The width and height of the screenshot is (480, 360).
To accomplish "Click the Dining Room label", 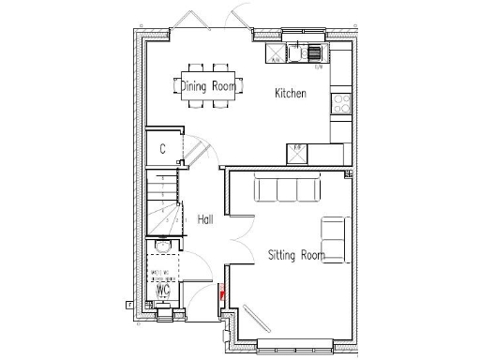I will [208, 87].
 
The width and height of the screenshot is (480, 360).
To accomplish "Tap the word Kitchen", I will [290, 94].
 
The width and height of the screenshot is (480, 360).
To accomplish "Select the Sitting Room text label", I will [296, 254].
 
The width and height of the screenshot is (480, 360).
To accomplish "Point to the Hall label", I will [205, 219].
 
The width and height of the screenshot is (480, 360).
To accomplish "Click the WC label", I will [161, 289].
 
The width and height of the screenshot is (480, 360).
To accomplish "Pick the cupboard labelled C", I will [162, 149].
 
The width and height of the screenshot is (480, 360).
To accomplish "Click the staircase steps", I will [162, 201].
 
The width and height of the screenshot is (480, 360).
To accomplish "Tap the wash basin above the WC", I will [162, 247].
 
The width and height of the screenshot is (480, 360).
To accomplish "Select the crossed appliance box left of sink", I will [275, 52].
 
